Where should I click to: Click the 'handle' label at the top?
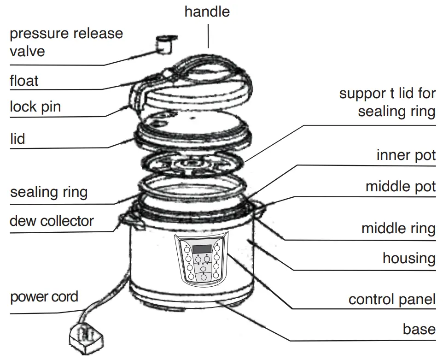tap(207, 12)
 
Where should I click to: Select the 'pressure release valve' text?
tap(66, 42)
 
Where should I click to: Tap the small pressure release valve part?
tap(164, 44)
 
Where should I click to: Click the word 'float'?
tap(24, 81)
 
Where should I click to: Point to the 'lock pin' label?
tap(35, 107)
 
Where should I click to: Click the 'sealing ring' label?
tap(49, 192)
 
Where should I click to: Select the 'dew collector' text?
tap(52, 221)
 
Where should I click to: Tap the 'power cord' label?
tap(44, 296)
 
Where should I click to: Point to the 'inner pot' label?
tap(406, 155)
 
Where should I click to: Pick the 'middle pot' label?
tap(400, 187)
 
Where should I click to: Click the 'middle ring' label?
tap(398, 228)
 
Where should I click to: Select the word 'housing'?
tap(409, 258)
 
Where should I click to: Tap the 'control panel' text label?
tap(392, 300)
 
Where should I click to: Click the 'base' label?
tap(419, 329)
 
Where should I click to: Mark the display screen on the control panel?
tap(202, 249)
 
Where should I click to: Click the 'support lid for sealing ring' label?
tap(387, 102)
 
